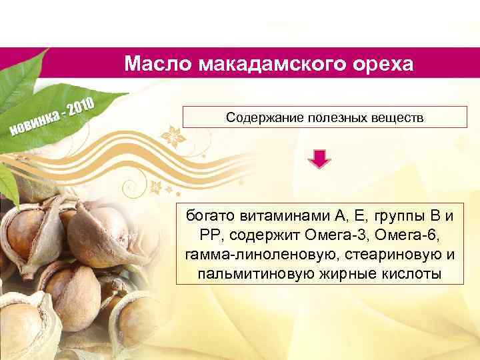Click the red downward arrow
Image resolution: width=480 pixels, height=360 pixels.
pos(321,159)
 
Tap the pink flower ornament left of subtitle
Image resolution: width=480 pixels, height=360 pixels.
pos(175,136)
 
